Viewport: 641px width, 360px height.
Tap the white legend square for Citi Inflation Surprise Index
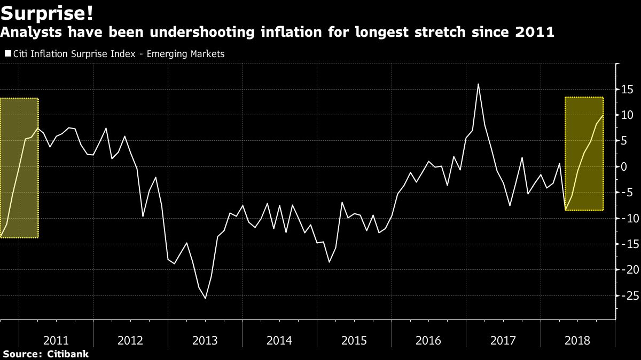(7, 54)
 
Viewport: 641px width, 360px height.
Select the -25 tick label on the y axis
(628, 295)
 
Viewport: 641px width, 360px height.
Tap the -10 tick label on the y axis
(628, 218)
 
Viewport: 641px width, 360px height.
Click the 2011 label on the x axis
(56, 340)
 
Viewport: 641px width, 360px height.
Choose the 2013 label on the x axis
(205, 340)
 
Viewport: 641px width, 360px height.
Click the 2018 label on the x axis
(577, 340)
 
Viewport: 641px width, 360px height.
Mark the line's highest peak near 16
(478, 84)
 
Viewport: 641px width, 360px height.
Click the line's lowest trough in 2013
(206, 298)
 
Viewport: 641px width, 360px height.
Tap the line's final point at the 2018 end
(603, 115)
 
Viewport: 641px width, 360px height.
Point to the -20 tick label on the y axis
(628, 270)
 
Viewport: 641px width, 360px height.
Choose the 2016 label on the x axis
(428, 340)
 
